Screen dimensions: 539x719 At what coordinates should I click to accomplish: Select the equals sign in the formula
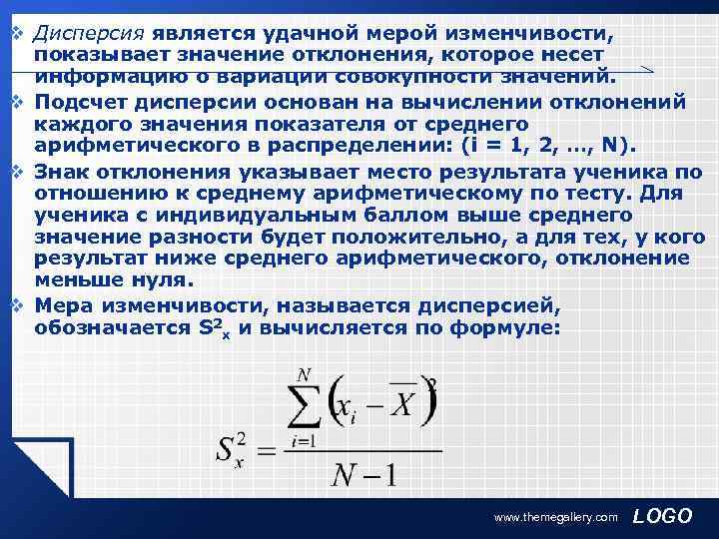tap(265, 451)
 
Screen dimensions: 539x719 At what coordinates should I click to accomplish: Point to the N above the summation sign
tap(304, 374)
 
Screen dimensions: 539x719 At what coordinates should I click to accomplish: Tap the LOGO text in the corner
tap(662, 515)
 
